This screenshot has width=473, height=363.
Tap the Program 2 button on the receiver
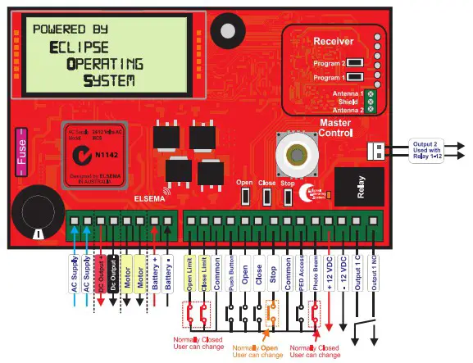pos(355,62)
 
